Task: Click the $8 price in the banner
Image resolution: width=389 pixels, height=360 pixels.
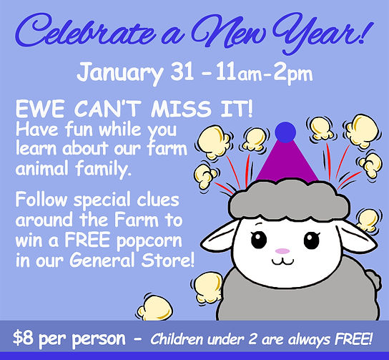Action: tap(26, 336)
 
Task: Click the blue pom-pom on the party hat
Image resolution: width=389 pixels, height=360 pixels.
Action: tap(285, 131)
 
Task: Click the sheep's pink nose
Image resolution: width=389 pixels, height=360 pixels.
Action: tap(283, 251)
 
